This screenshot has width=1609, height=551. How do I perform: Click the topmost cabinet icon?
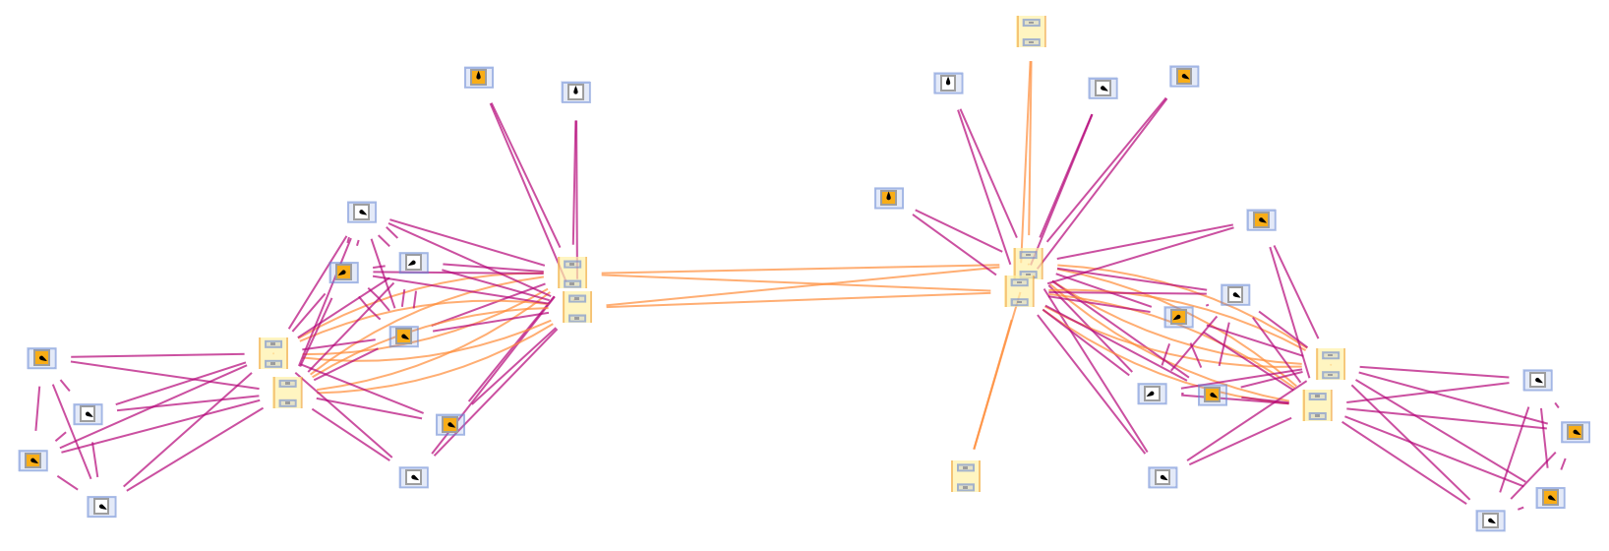pos(1031,31)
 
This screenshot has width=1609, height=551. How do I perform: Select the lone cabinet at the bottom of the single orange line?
pos(966,476)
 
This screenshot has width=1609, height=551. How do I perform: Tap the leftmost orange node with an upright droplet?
pos(479,77)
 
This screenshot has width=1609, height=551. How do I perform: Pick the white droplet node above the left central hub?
pos(575,92)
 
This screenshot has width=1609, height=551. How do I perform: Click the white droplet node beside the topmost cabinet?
pos(948,83)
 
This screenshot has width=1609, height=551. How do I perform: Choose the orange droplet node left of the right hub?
pos(889,198)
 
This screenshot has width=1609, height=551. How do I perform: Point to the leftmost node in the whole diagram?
pos(32,460)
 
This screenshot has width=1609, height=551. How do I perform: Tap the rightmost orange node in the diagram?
pos(1576,432)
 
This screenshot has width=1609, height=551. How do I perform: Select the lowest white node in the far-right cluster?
pos(1490,520)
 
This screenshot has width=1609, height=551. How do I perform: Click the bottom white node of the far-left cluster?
pos(101,507)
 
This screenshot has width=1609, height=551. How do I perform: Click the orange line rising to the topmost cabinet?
pos(1028,148)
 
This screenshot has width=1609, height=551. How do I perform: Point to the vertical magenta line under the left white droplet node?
pos(575,177)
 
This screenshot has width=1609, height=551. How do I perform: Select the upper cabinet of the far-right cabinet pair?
pos(1331,364)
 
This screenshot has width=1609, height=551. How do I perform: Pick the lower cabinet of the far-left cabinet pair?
pos(287,393)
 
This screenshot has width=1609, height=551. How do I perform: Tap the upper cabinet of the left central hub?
pos(572,273)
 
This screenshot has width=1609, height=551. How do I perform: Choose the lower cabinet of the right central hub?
pos(1019,291)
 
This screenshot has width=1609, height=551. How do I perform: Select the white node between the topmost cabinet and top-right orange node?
pos(1102,88)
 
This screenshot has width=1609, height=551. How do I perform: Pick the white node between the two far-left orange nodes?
pos(88,414)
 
